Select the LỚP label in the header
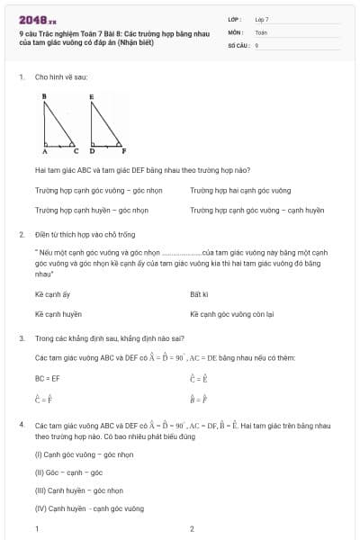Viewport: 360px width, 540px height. pyautogui.click(x=235, y=19)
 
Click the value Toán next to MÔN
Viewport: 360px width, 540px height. pyautogui.click(x=261, y=31)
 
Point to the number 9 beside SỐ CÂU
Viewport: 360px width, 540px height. pyautogui.click(x=256, y=44)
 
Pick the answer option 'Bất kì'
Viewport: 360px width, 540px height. pyautogui.click(x=199, y=294)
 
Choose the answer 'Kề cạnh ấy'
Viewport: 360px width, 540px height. pyautogui.click(x=52, y=294)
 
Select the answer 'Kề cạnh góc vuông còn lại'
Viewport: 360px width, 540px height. pyautogui.click(x=231, y=314)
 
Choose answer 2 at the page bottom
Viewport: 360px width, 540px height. pyautogui.click(x=192, y=528)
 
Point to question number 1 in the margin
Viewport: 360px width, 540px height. pyautogui.click(x=21, y=77)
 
